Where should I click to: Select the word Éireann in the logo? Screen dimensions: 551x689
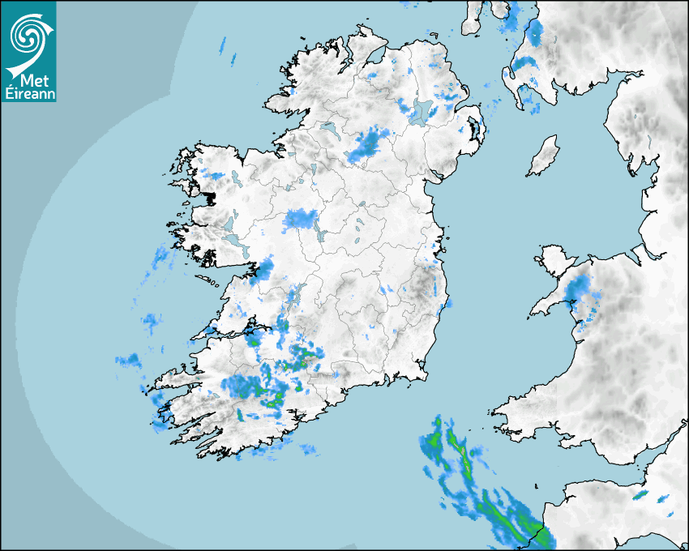[28, 94]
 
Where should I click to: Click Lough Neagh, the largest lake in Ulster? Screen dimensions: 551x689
[421, 111]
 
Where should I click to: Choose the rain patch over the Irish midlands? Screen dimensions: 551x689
[301, 218]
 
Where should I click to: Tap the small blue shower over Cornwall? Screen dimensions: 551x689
[641, 494]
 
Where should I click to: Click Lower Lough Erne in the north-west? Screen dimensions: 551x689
[327, 129]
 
